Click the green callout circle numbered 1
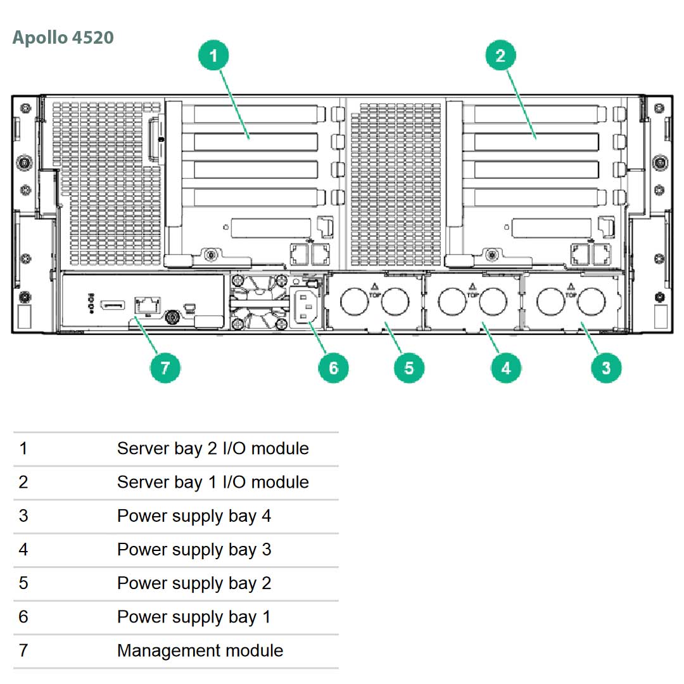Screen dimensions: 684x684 click(213, 56)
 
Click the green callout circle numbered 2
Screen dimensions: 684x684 click(500, 56)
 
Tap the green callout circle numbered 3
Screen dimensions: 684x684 click(606, 368)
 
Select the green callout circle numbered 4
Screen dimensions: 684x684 click(506, 368)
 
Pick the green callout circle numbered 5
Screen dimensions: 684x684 click(408, 368)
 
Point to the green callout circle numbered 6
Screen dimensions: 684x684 click(334, 368)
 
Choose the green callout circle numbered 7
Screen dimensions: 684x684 click(165, 368)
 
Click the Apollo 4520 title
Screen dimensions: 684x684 click(63, 37)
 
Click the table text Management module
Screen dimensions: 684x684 click(200, 650)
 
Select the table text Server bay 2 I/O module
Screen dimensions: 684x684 click(213, 448)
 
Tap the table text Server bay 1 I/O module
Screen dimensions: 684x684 click(213, 482)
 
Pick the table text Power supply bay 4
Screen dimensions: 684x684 click(194, 516)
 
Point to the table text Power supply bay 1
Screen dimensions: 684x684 click(194, 617)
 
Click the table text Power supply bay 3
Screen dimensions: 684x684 click(194, 549)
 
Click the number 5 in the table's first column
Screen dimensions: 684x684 click(23, 583)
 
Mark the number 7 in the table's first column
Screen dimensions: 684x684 click(23, 650)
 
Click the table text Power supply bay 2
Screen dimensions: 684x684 click(194, 583)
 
